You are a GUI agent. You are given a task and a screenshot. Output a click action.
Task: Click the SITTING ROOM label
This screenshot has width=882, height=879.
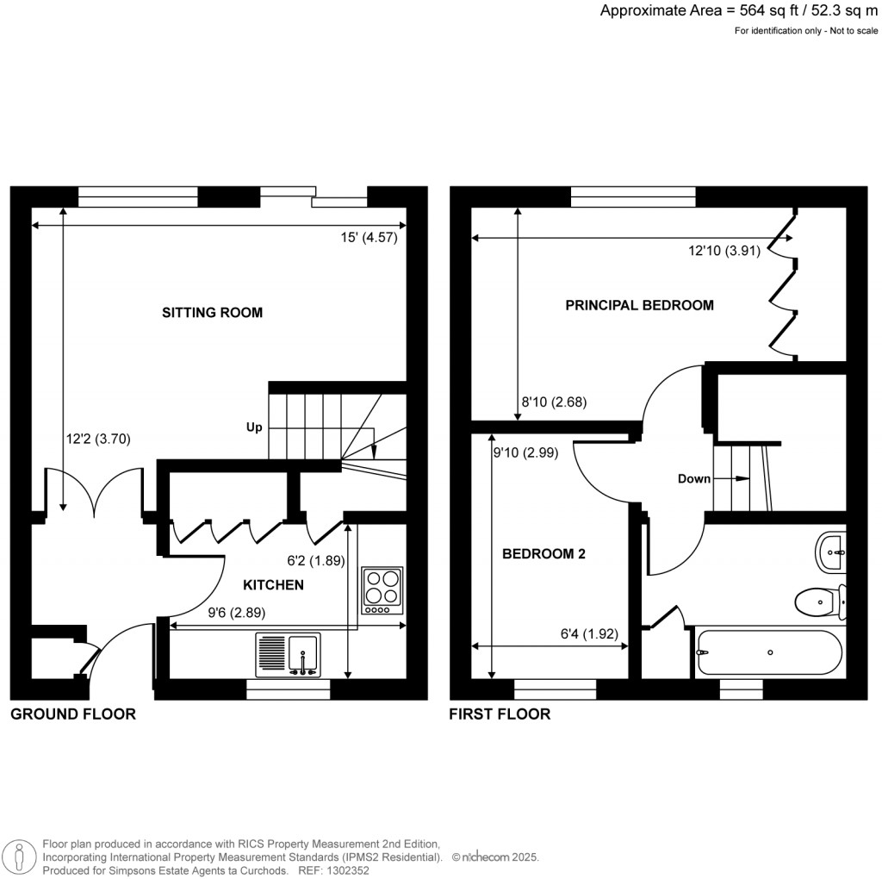coord(212,313)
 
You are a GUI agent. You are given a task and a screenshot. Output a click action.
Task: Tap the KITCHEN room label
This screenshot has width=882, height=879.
coord(273,585)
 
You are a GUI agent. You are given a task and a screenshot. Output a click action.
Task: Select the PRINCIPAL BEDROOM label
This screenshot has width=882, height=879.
coord(639,305)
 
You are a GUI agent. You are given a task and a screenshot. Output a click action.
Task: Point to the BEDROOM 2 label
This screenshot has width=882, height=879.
coord(543,554)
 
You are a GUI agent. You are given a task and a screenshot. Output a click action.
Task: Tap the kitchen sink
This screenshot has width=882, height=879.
coord(289,654)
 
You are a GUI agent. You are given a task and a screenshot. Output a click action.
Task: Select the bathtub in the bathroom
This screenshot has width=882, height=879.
coord(768,652)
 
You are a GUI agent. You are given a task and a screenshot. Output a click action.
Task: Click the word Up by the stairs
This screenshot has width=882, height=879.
coord(254,427)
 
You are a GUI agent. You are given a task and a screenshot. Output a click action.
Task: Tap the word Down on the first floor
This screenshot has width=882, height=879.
coord(693,479)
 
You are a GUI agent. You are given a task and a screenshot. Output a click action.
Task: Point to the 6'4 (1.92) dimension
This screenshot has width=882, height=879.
coord(588,634)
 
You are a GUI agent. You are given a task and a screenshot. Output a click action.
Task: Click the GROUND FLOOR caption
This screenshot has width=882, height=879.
coord(73,714)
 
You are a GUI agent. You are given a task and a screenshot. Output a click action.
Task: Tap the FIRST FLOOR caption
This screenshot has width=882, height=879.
coord(500,714)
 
